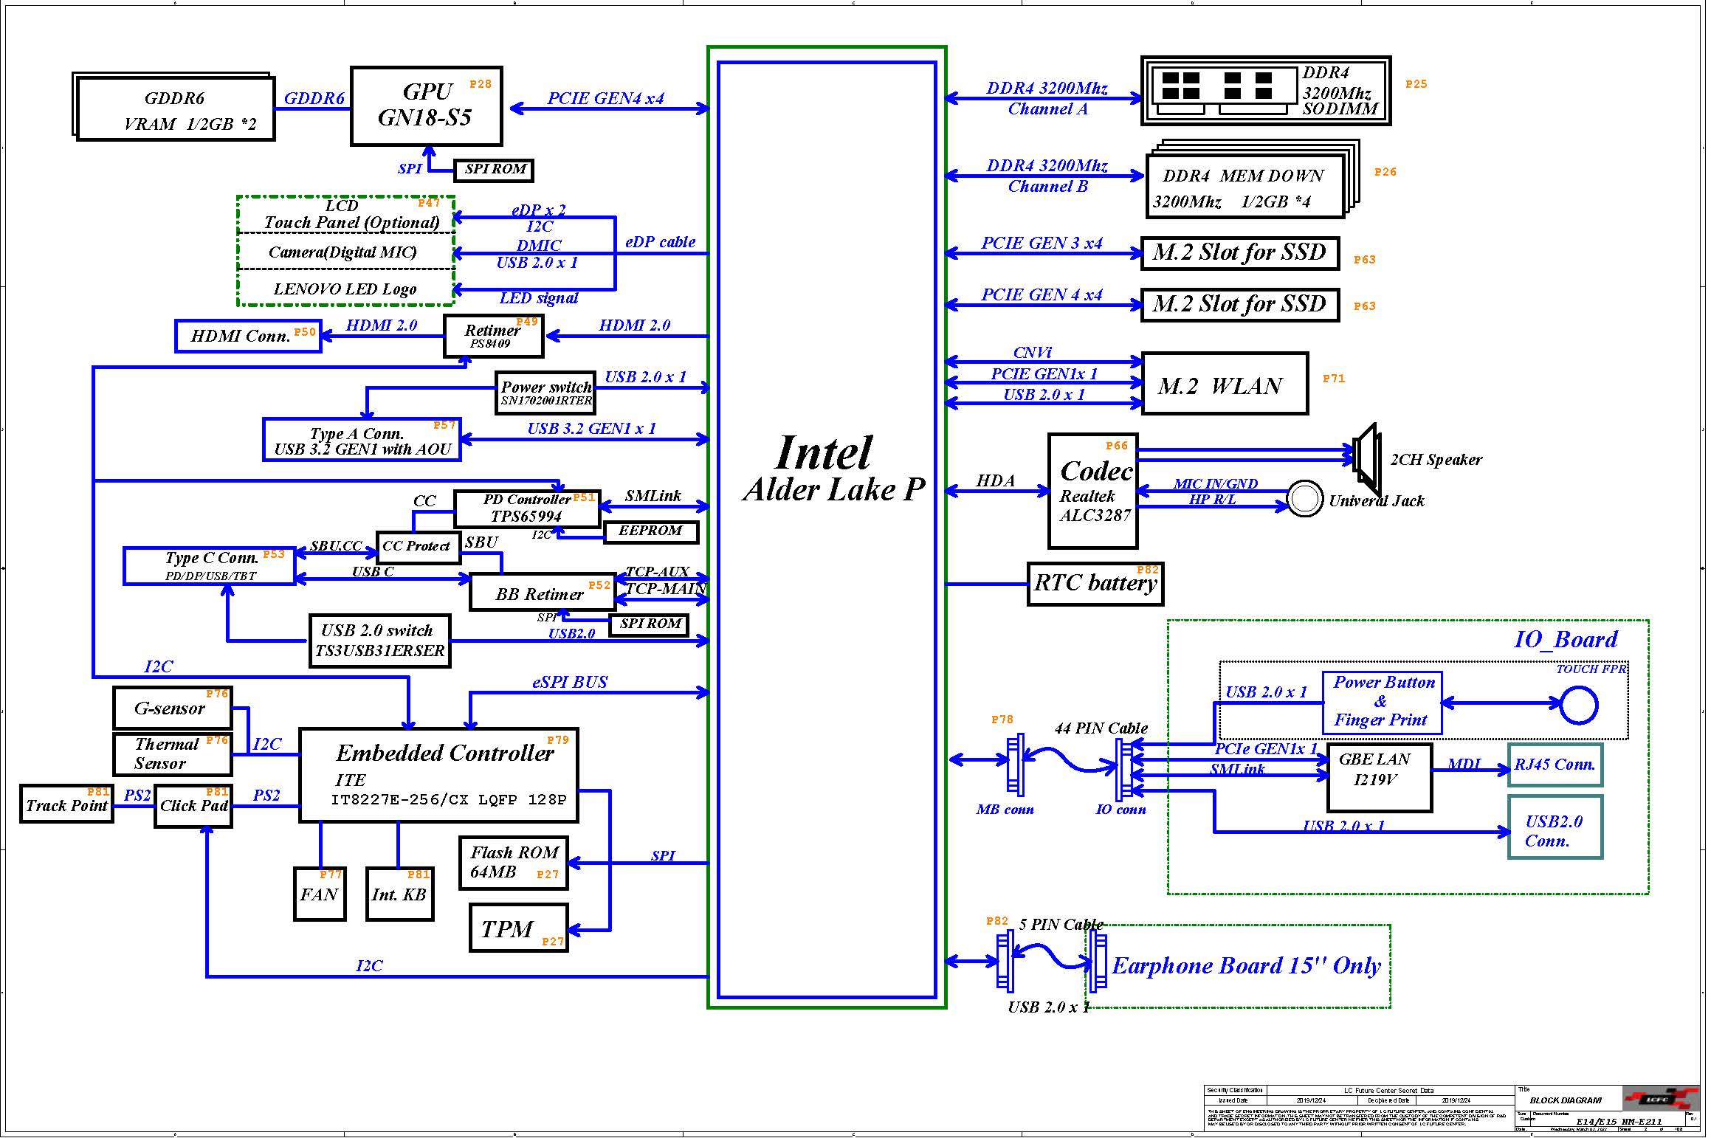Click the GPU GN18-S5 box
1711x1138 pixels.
tap(426, 106)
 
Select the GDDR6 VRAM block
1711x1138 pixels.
tap(176, 109)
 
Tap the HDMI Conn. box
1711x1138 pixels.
tap(248, 336)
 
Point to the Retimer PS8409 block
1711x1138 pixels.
tap(493, 337)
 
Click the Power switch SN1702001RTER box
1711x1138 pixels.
tap(545, 393)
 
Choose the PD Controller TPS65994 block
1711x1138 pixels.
tap(526, 508)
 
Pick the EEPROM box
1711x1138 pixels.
tap(650, 531)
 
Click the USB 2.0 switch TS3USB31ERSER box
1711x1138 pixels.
tap(379, 641)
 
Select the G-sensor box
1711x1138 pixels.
tap(172, 708)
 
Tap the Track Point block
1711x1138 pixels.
tap(66, 804)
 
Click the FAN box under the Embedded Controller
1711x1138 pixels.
tap(320, 894)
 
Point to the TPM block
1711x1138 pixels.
tap(518, 928)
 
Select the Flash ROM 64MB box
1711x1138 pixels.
tap(514, 863)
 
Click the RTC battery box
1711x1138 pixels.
tap(1095, 584)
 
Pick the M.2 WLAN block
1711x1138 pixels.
tap(1224, 384)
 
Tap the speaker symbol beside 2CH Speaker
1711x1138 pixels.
tap(1366, 458)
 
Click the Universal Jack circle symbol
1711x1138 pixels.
tap(1304, 499)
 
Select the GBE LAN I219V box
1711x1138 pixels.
tap(1379, 778)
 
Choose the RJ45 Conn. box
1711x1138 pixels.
tap(1555, 765)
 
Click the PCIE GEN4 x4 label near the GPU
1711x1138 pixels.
tap(605, 98)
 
